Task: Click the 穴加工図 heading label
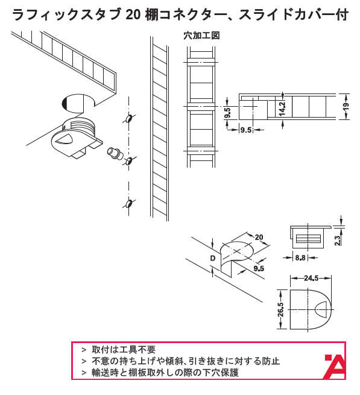[201, 36]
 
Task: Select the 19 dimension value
[346, 106]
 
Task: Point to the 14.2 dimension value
[282, 109]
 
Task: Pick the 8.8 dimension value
[300, 258]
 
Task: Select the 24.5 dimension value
[311, 278]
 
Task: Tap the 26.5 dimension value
[280, 309]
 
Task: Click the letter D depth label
[213, 258]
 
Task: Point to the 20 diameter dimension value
[259, 237]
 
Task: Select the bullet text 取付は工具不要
[124, 350]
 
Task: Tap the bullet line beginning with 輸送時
[165, 372]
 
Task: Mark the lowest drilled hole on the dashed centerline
[129, 203]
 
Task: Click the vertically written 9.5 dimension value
[227, 113]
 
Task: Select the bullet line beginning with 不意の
[186, 361]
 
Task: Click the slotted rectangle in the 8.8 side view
[308, 239]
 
